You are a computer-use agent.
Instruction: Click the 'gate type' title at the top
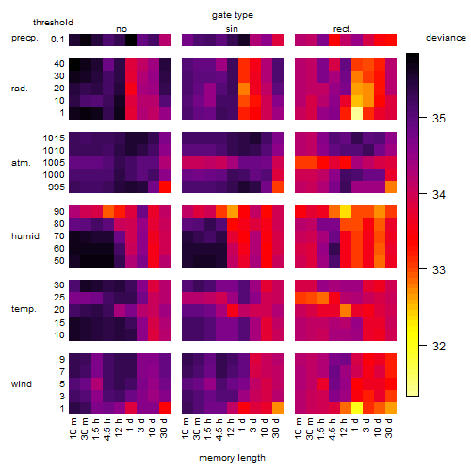tap(233, 15)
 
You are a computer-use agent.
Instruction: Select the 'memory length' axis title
tap(232, 458)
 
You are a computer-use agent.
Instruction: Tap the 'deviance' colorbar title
tap(446, 38)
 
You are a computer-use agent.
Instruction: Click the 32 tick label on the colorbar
tap(439, 346)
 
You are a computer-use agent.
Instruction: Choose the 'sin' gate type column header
tap(232, 29)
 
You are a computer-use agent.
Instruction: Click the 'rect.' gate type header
tap(342, 29)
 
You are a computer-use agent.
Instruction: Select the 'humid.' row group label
tap(26, 236)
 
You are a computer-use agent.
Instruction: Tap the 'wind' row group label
tap(22, 384)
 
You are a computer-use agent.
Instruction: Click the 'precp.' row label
tap(24, 38)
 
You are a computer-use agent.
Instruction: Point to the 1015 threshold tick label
tap(54, 138)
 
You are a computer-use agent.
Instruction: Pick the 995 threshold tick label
tap(57, 187)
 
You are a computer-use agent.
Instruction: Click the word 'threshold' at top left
tap(53, 23)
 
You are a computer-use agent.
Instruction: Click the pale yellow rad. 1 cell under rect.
tap(357, 113)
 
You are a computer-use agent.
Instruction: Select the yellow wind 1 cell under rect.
tap(357, 408)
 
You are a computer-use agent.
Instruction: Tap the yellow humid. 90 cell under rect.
tap(346, 212)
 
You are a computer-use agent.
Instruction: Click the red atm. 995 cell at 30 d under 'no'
tap(165, 187)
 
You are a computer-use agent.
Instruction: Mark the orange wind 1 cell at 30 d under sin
tap(278, 408)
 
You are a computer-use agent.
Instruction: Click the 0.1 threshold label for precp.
tap(57, 40)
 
